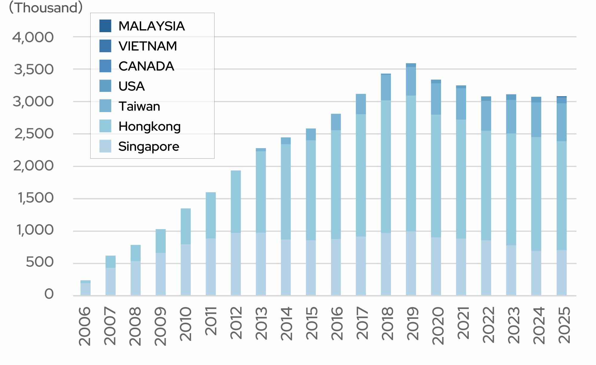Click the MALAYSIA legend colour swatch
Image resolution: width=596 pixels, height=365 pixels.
pyautogui.click(x=105, y=26)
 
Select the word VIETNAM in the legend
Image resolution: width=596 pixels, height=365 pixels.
pyautogui.click(x=148, y=46)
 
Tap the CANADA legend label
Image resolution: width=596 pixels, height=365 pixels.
pyautogui.click(x=146, y=66)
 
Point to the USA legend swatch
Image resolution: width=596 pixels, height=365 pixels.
pyautogui.click(x=105, y=86)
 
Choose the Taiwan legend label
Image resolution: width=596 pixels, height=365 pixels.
pyautogui.click(x=139, y=106)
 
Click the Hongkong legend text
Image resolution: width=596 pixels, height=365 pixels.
pyautogui.click(x=149, y=126)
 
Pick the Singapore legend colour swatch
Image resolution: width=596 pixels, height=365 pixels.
pyautogui.click(x=105, y=146)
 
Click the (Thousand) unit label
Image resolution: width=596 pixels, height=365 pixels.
pyautogui.click(x=46, y=7)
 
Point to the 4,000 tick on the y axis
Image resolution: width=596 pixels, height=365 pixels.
pyautogui.click(x=33, y=38)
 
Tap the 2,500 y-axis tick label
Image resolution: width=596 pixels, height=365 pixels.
pyautogui.click(x=34, y=134)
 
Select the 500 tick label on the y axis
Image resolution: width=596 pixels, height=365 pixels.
pyautogui.click(x=40, y=262)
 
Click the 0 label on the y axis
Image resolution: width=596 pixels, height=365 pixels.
pyautogui.click(x=49, y=294)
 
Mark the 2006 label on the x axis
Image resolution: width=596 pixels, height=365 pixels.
pyautogui.click(x=85, y=326)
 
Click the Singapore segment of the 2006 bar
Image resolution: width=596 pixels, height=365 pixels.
pyautogui.click(x=86, y=289)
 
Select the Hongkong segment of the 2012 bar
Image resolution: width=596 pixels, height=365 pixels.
pyautogui.click(x=236, y=202)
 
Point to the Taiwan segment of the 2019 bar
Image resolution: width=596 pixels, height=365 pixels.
pyautogui.click(x=411, y=81)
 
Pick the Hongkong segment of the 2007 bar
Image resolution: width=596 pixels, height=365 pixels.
pyautogui.click(x=111, y=262)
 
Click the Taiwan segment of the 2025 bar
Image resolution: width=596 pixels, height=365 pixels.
pyautogui.click(x=562, y=122)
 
